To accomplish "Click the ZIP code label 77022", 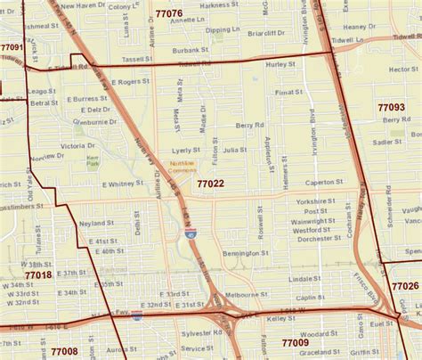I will click(x=210, y=184).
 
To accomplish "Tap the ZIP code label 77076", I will click(x=168, y=14).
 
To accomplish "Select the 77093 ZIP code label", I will click(x=391, y=107).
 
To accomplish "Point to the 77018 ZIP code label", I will click(x=38, y=276).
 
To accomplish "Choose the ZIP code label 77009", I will click(x=295, y=342).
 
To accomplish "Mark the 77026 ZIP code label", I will click(x=404, y=286).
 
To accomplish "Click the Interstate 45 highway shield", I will click(x=191, y=234).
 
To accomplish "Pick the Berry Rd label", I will click(x=250, y=126).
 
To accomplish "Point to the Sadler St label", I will click(x=386, y=142).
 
